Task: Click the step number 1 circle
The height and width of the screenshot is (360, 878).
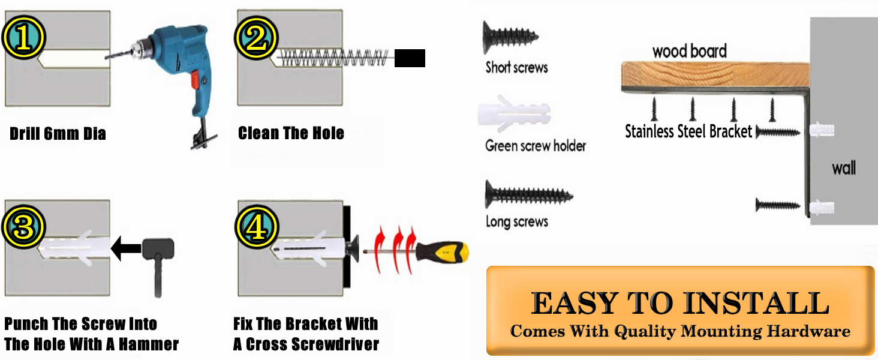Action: (x=23, y=38)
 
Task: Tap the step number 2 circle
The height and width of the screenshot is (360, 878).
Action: (x=256, y=38)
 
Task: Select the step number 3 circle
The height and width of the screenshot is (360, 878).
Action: (x=23, y=227)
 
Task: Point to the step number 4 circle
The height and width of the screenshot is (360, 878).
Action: (x=257, y=227)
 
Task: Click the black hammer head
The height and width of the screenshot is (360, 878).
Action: (x=158, y=249)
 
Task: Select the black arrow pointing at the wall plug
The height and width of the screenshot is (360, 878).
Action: (x=126, y=248)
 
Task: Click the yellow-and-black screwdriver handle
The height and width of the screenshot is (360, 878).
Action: (x=442, y=252)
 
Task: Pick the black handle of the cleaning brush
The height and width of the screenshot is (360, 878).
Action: (x=410, y=58)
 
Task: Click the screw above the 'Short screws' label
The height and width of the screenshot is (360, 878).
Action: (x=510, y=37)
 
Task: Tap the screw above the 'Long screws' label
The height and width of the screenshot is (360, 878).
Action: (x=529, y=194)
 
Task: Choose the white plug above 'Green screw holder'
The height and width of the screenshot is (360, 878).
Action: (x=514, y=113)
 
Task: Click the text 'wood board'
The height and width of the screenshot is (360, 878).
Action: (x=690, y=52)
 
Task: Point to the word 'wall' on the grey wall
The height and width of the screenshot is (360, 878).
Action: (x=844, y=168)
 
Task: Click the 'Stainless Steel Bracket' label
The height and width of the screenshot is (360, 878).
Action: (x=688, y=131)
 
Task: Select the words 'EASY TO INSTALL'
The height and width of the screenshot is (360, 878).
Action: (x=680, y=303)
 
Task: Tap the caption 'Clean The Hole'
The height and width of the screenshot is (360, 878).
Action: (x=291, y=133)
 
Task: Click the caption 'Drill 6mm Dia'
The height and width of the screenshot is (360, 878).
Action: (x=58, y=134)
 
